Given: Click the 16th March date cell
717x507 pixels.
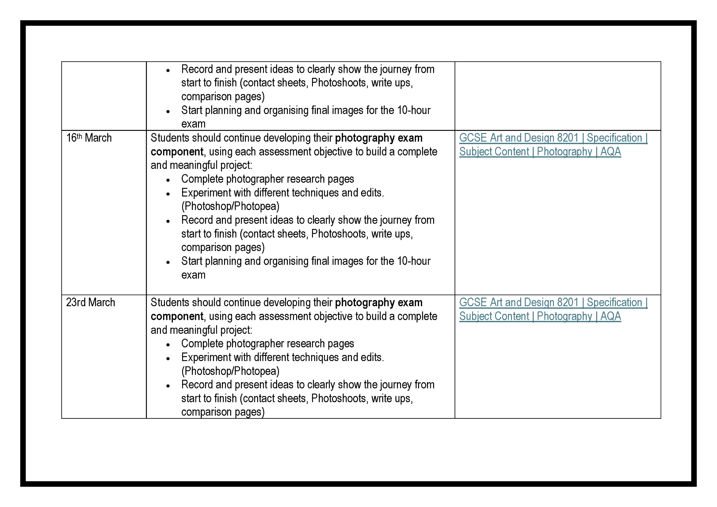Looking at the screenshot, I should coord(89,138).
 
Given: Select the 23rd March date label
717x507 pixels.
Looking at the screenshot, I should coord(90,303).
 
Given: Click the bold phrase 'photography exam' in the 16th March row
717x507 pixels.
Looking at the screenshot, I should coord(379,138).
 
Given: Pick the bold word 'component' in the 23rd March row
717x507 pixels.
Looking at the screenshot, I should coord(177,316).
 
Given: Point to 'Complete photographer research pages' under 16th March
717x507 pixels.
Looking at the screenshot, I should coord(267,179).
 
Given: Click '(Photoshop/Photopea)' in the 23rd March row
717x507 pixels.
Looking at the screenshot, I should coord(230,371).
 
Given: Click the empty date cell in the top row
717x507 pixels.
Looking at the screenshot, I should coord(104,96).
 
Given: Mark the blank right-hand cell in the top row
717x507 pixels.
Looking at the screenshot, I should coord(557,96).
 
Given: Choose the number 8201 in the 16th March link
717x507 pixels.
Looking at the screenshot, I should coord(568,138).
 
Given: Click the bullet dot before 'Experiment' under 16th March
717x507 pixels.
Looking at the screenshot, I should coord(168,194).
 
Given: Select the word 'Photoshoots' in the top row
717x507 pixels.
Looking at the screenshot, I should coord(338,83).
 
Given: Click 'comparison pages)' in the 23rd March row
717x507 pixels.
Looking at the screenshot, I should coord(223,412).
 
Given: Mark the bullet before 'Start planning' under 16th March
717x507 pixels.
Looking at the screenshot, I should coord(168,262).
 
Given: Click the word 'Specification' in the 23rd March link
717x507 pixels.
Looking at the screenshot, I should coord(614,303).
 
